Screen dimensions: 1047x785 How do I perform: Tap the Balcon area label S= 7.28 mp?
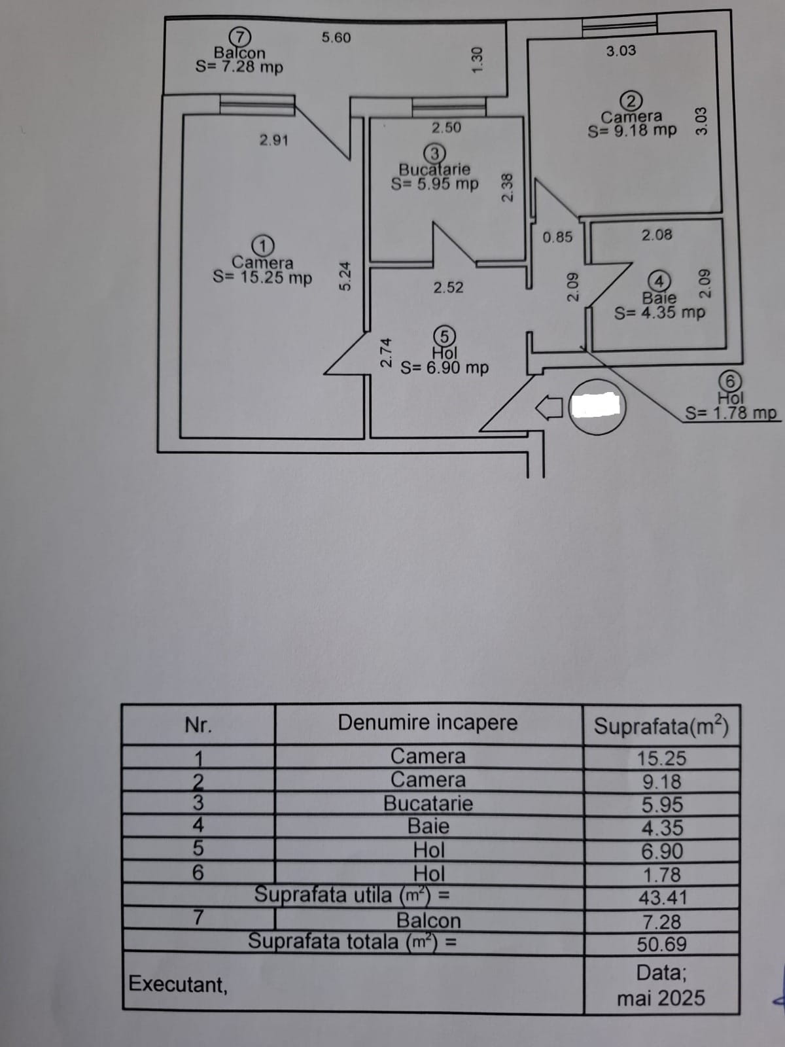point(239,67)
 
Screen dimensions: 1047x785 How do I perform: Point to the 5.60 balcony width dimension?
point(336,38)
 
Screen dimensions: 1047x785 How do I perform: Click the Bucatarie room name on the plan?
point(434,169)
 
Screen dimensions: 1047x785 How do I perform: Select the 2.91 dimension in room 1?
point(273,140)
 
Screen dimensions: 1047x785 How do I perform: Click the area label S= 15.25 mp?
point(262,277)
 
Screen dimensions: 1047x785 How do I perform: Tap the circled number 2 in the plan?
point(631,101)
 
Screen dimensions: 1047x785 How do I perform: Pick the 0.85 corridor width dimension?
point(557,237)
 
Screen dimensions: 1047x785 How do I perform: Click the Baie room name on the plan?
point(659,298)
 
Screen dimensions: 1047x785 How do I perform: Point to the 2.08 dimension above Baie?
point(657,235)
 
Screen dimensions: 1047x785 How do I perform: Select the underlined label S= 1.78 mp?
point(731,414)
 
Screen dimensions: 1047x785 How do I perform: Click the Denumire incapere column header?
point(428,723)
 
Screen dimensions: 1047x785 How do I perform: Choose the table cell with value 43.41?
point(662,898)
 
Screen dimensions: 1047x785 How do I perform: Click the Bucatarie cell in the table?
point(428,804)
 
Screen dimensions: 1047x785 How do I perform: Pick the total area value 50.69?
point(662,944)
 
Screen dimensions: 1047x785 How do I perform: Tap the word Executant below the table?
point(178,984)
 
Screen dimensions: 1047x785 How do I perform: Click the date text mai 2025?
point(661,999)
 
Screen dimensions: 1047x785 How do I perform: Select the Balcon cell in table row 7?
point(428,921)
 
